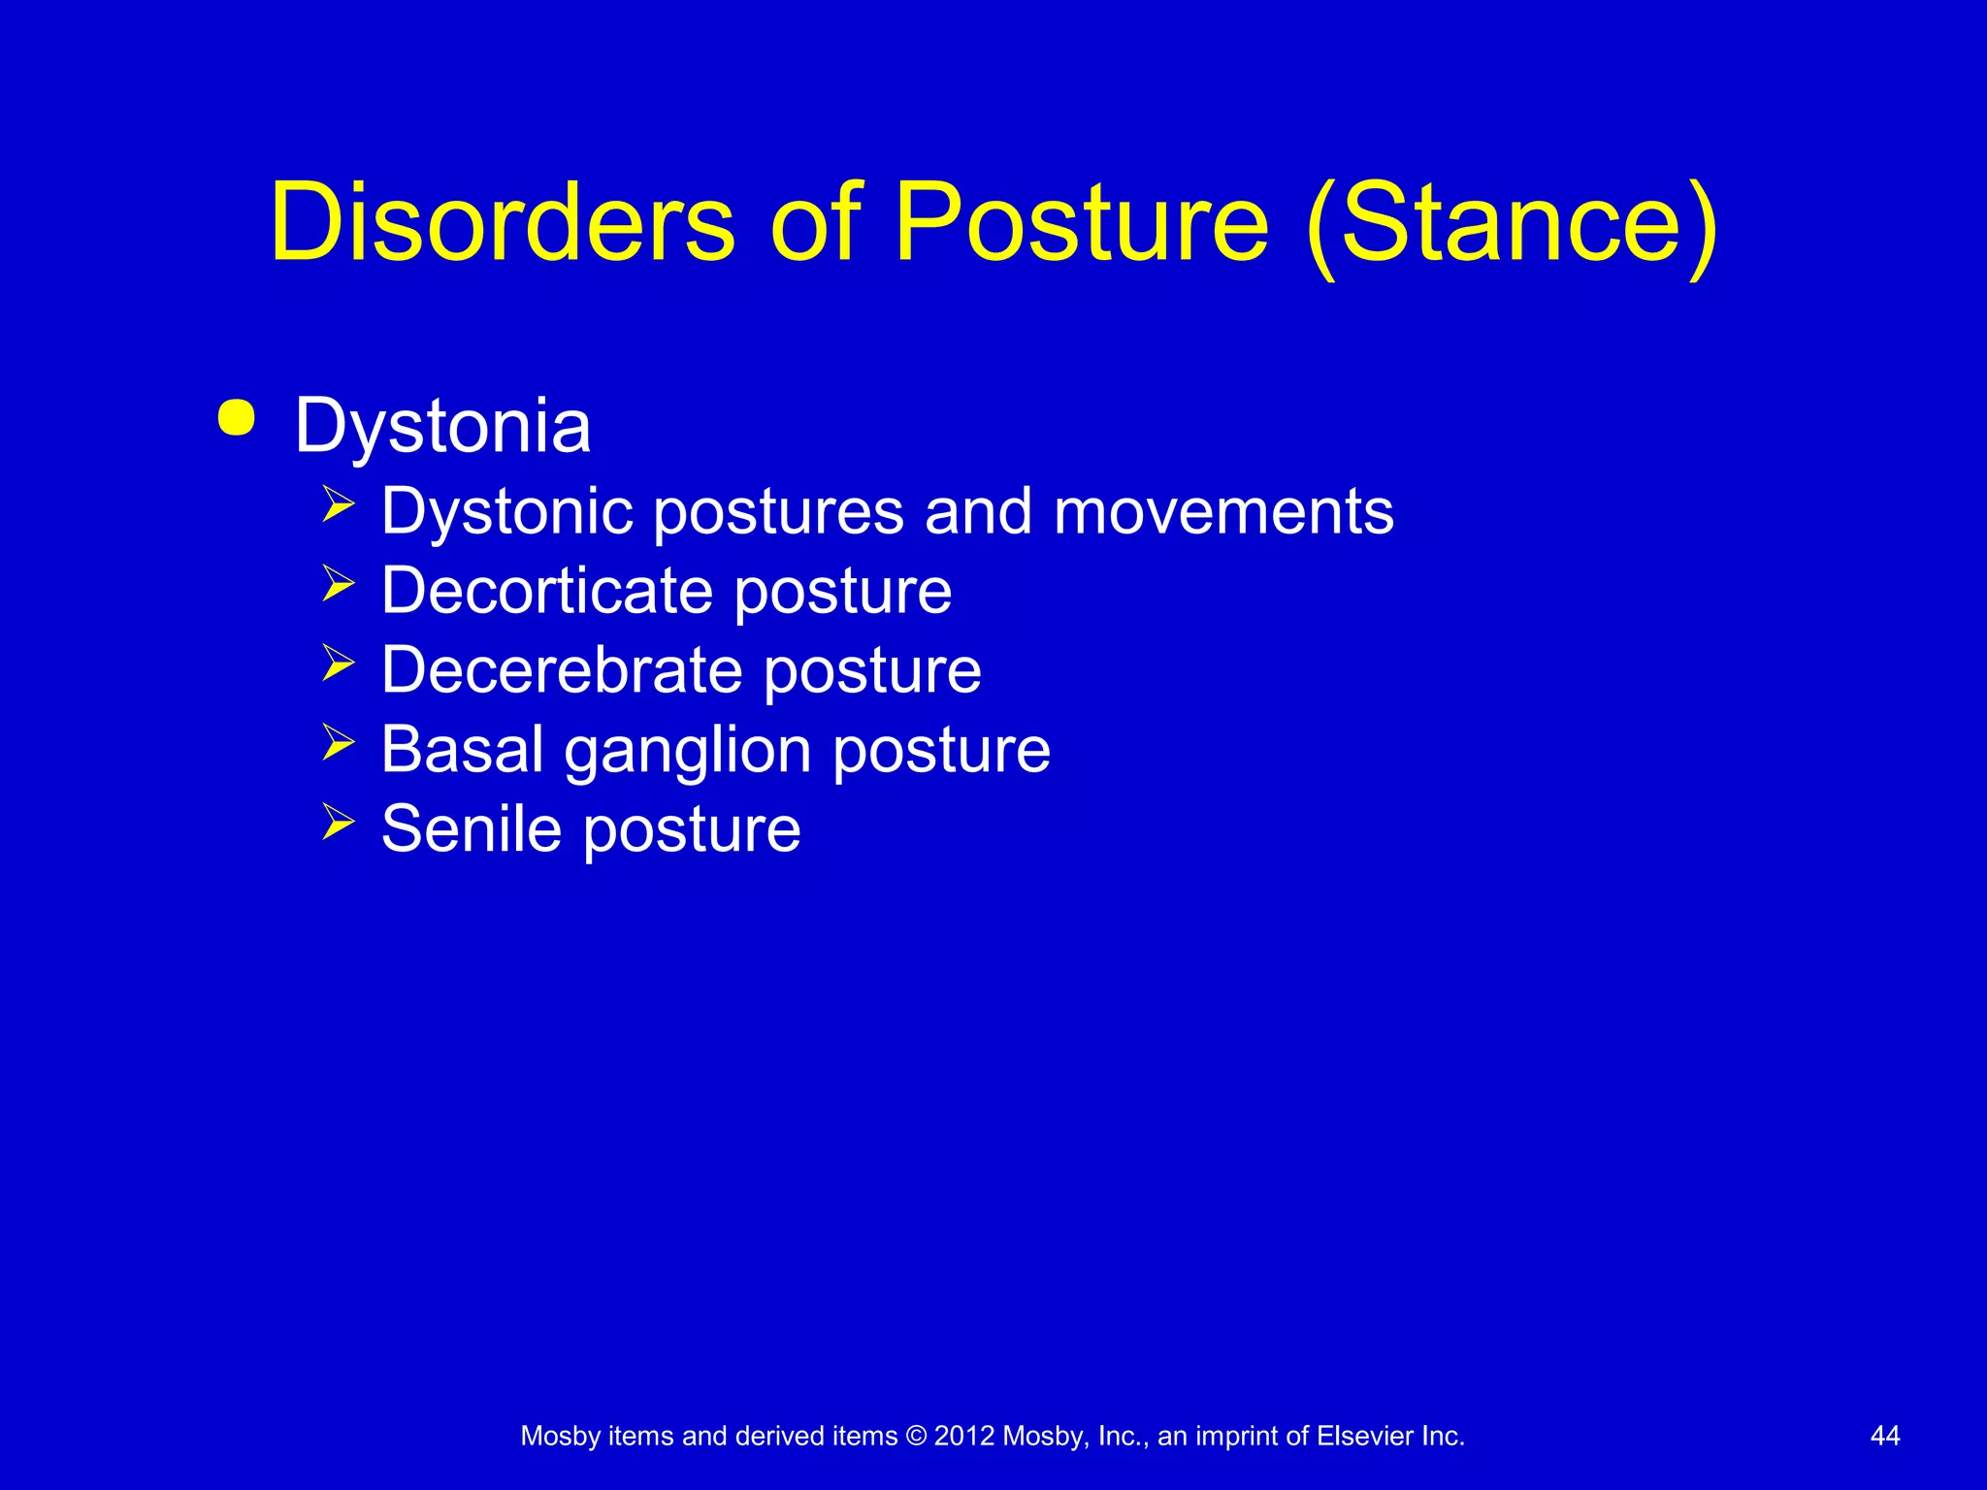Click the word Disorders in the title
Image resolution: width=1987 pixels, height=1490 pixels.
click(502, 223)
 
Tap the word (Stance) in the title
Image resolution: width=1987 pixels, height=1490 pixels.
click(1511, 225)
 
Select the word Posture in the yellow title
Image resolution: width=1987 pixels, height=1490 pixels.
click(1080, 223)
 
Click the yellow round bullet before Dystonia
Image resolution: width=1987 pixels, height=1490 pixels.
click(237, 419)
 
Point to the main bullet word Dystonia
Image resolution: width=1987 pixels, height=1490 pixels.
click(442, 427)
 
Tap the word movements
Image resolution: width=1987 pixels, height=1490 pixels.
click(1223, 512)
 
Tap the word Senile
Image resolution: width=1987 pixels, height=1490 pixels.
click(472, 829)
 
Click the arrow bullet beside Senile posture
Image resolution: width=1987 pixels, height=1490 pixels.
click(338, 822)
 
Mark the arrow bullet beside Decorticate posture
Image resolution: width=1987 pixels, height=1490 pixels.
click(338, 583)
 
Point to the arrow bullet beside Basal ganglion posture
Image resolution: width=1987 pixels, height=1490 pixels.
click(338, 742)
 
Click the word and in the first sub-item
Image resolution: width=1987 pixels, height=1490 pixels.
click(978, 512)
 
